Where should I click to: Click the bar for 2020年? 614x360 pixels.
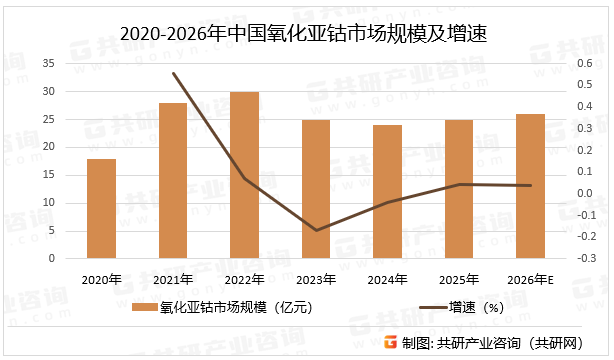pos(101,208)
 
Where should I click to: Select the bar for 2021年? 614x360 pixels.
pos(173,180)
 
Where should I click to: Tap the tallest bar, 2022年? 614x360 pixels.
pos(245,175)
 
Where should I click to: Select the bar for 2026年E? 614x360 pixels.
pos(531,186)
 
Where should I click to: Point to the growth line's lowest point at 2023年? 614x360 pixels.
pos(316,230)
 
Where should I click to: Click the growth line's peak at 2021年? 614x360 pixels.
pos(173,73)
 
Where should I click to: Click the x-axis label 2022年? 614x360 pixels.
pos(245,279)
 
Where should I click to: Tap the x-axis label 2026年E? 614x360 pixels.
pos(531,279)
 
